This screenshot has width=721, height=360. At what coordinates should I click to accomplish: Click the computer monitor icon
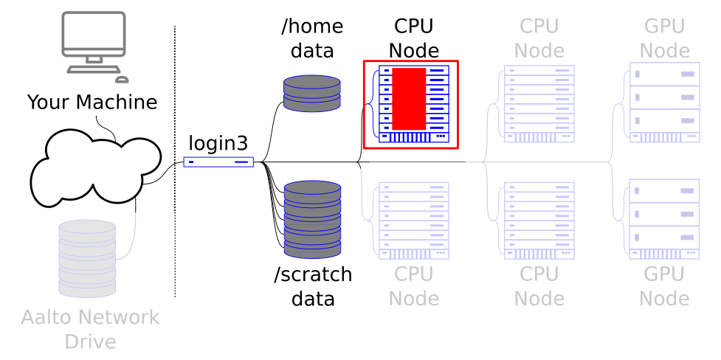point(92,38)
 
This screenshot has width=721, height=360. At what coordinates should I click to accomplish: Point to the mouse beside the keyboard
point(121,79)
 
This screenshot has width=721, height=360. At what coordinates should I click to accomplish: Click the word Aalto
point(46,317)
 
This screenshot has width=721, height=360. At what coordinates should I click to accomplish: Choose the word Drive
point(90,342)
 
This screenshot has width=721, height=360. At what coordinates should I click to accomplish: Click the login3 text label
point(218,142)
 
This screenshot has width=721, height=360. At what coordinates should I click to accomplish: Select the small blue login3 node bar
point(218,162)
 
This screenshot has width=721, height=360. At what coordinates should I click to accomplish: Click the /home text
point(312,27)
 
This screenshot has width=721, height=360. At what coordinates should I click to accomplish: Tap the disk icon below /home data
point(312,93)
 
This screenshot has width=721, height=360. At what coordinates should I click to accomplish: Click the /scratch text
point(313,274)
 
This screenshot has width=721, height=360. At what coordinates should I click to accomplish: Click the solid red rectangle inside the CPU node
point(409,99)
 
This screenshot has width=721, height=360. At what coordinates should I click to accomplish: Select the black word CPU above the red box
point(413,27)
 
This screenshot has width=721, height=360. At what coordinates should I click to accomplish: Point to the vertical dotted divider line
point(175,162)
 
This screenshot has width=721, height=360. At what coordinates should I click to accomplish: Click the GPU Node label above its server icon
point(664,38)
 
